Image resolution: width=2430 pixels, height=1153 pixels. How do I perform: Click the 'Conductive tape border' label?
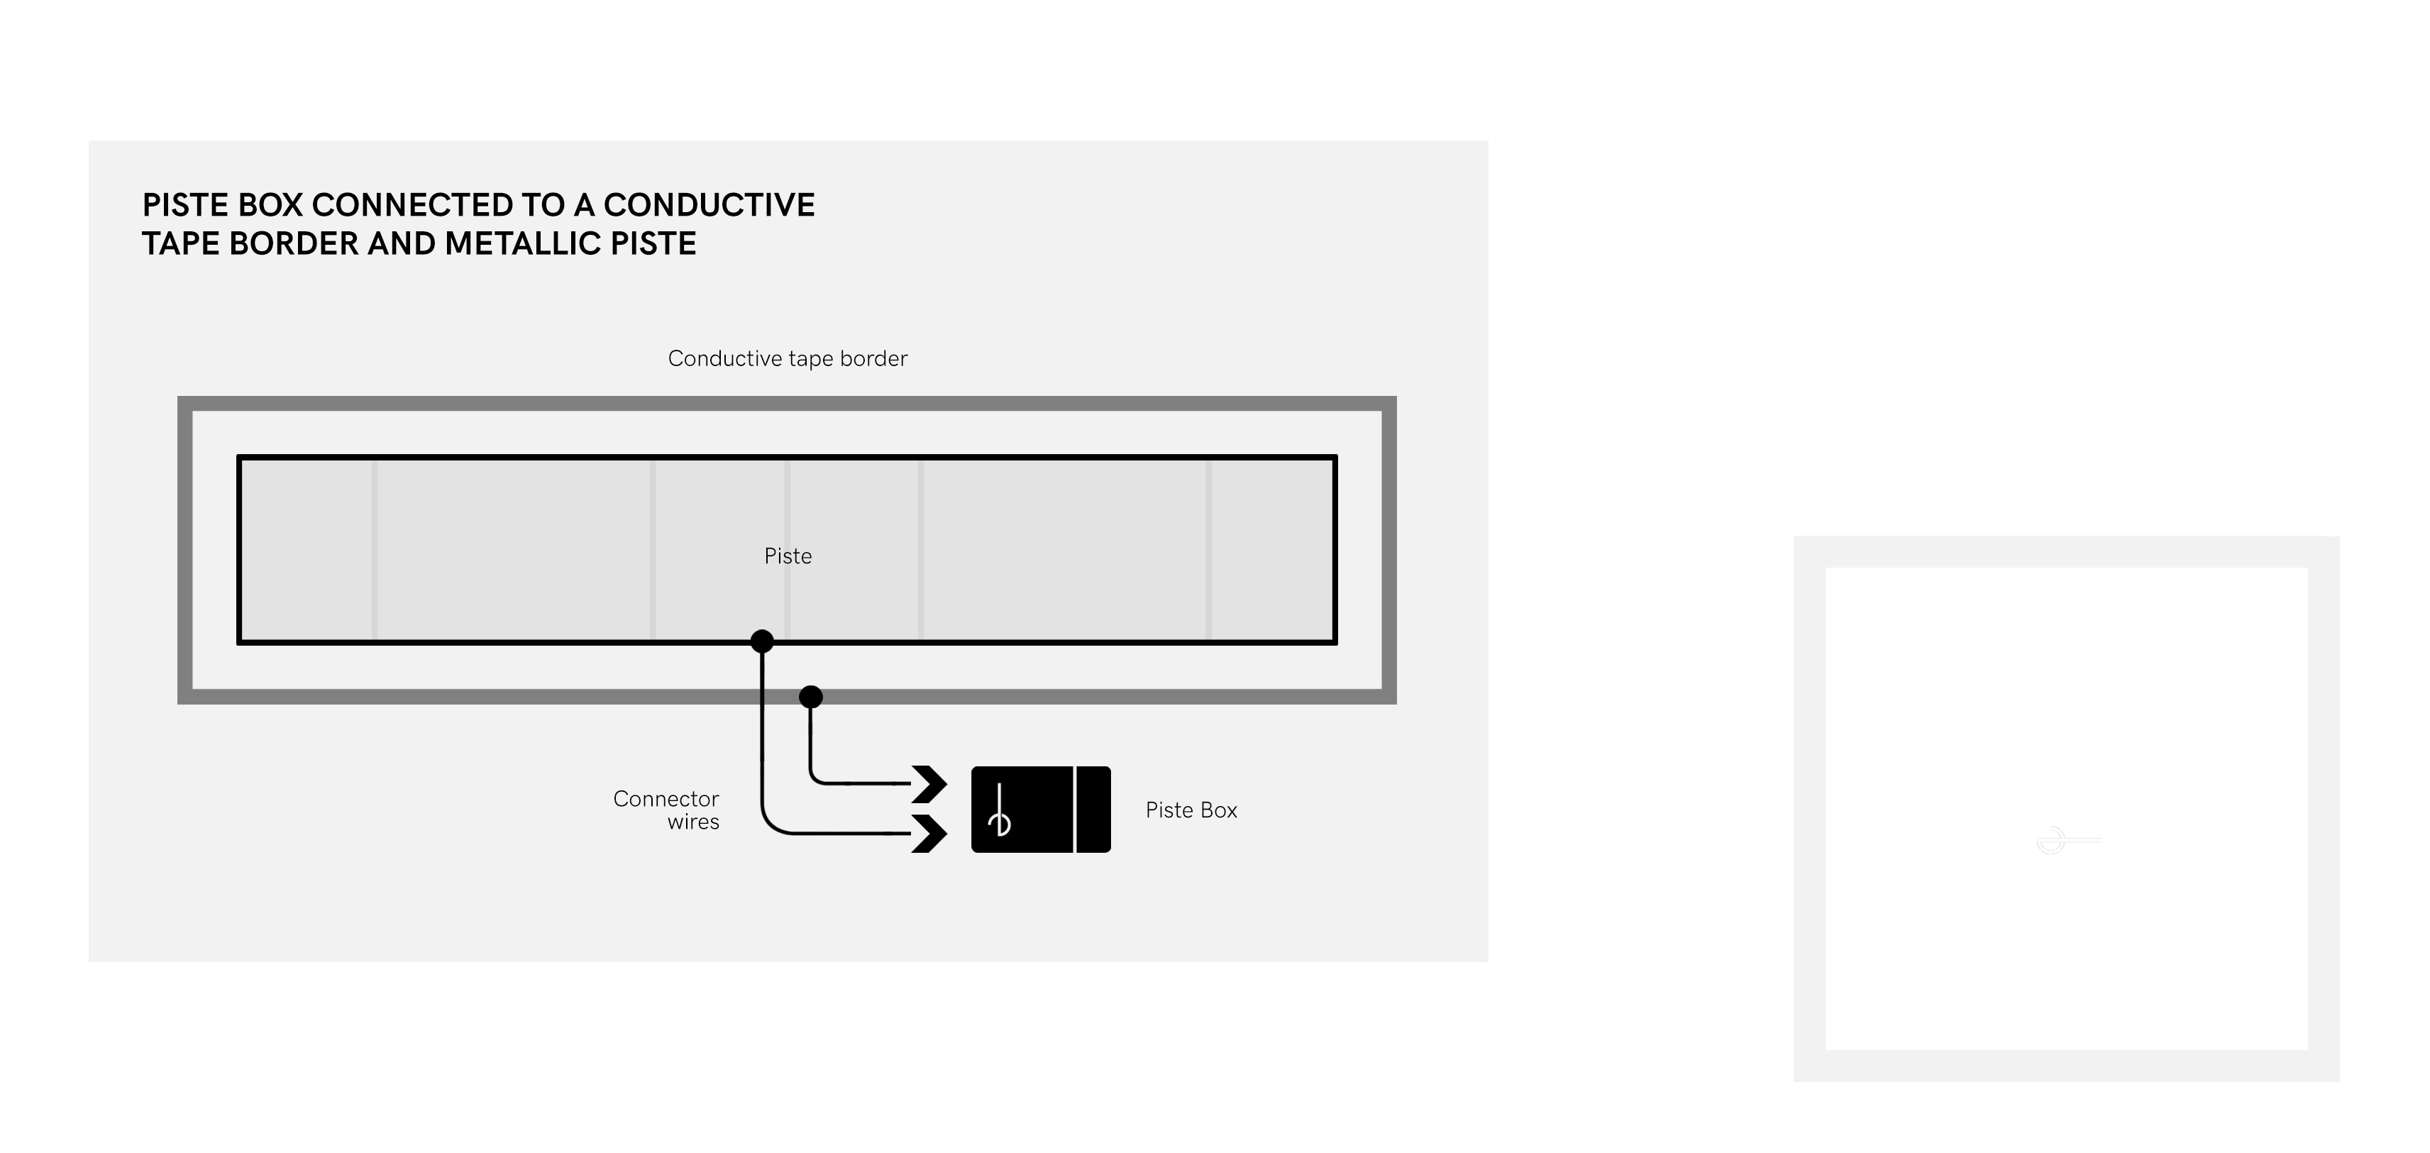tap(788, 358)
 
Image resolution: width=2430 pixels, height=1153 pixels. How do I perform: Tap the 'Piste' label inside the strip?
tap(788, 556)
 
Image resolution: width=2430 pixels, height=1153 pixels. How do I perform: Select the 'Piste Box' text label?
tap(1191, 810)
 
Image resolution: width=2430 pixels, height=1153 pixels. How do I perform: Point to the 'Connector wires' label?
tap(666, 810)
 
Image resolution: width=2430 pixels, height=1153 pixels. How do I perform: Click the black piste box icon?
tap(1042, 810)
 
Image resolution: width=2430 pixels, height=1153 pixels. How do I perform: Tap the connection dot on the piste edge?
tap(762, 641)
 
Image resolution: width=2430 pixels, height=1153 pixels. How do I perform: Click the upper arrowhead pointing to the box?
tap(929, 784)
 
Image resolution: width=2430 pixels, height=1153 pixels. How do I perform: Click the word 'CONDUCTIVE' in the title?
tap(709, 205)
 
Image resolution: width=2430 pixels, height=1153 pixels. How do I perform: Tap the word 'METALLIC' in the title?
tap(523, 243)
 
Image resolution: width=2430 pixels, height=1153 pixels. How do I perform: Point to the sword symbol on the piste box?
tap(1000, 812)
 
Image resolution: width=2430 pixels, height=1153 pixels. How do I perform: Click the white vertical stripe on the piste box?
tap(1076, 810)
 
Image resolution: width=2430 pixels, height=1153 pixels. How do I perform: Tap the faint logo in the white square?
tap(2067, 840)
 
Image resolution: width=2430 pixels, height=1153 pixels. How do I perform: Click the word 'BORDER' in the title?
tap(293, 243)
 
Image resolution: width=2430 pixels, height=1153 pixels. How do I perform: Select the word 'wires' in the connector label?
tap(693, 822)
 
